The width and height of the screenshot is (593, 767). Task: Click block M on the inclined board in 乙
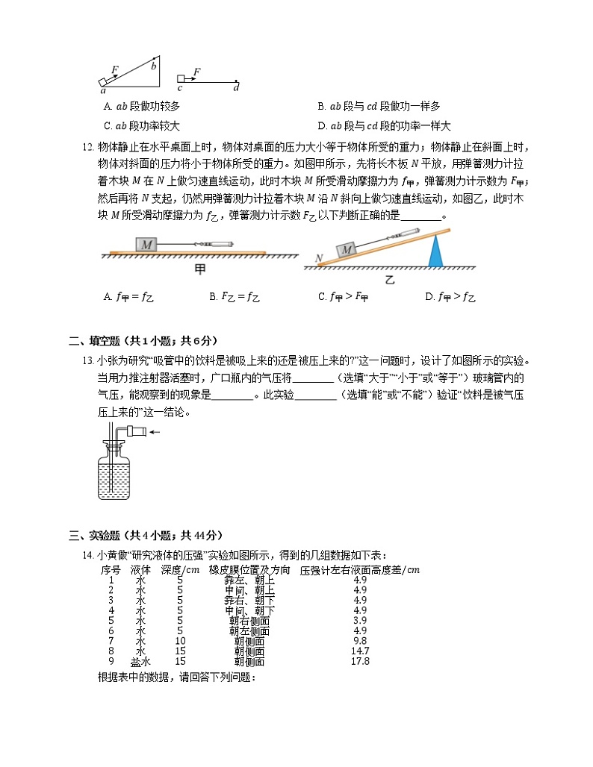tap(345, 251)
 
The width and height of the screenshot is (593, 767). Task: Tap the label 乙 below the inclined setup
tap(389, 280)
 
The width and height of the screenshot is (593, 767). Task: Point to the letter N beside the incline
tap(319, 259)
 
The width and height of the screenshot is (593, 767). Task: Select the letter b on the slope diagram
tap(154, 66)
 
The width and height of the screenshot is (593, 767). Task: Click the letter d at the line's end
tap(237, 88)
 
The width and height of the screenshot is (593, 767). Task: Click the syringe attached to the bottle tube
tap(136, 431)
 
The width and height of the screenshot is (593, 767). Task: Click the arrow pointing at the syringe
tap(156, 431)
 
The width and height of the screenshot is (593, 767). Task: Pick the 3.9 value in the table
tap(360, 620)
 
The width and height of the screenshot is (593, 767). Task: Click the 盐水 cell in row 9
tap(140, 661)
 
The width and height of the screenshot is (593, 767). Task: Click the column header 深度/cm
tap(180, 570)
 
